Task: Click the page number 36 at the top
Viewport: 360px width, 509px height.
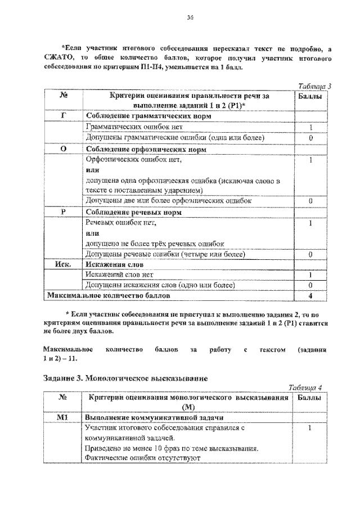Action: pyautogui.click(x=190, y=18)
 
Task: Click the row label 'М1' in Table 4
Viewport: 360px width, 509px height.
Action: pyautogui.click(x=63, y=418)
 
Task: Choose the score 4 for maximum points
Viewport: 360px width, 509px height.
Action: pyautogui.click(x=310, y=295)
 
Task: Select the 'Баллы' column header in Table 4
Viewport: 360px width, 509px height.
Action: pyautogui.click(x=310, y=398)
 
